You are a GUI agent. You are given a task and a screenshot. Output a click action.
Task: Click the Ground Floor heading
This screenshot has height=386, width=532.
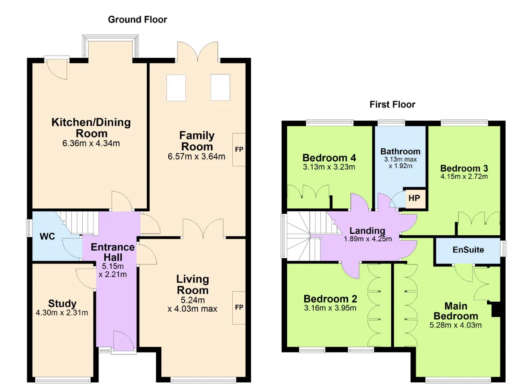click(138, 20)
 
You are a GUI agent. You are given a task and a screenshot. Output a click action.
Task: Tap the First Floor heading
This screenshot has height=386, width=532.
click(392, 105)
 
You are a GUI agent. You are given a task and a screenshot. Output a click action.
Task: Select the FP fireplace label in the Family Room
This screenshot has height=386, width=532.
click(239, 149)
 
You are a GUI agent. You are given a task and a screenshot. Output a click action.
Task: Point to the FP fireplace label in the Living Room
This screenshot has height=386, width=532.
click(239, 307)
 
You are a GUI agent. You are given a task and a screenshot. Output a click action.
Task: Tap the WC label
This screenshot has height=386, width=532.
click(47, 237)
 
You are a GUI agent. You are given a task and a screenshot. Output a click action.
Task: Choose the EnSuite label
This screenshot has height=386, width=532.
click(468, 250)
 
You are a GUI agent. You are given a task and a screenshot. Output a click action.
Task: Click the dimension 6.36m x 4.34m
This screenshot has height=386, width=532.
click(91, 144)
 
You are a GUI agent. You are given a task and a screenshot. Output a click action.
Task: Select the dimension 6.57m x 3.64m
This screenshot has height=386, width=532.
click(197, 156)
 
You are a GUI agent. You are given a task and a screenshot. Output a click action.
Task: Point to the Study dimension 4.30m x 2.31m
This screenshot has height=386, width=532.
click(62, 313)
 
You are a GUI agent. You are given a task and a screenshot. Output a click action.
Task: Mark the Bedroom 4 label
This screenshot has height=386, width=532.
click(329, 158)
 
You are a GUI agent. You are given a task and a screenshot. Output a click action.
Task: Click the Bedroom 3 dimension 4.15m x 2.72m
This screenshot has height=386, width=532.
click(464, 176)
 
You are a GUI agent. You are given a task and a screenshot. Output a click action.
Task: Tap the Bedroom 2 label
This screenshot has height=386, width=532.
click(330, 299)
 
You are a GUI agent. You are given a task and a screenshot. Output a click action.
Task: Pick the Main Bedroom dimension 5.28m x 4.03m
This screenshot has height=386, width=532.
click(456, 325)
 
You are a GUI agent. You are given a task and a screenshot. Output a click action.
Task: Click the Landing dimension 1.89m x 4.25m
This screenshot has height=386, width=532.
click(368, 239)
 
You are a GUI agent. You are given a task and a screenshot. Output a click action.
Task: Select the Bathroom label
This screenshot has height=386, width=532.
click(400, 151)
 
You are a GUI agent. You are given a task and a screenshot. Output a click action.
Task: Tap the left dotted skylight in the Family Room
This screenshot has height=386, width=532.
click(176, 88)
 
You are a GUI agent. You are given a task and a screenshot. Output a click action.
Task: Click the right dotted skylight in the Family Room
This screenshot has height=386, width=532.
click(220, 87)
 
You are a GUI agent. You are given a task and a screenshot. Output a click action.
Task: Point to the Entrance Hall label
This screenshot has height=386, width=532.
click(113, 252)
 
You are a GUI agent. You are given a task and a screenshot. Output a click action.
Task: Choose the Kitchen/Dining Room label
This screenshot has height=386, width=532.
click(91, 128)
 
